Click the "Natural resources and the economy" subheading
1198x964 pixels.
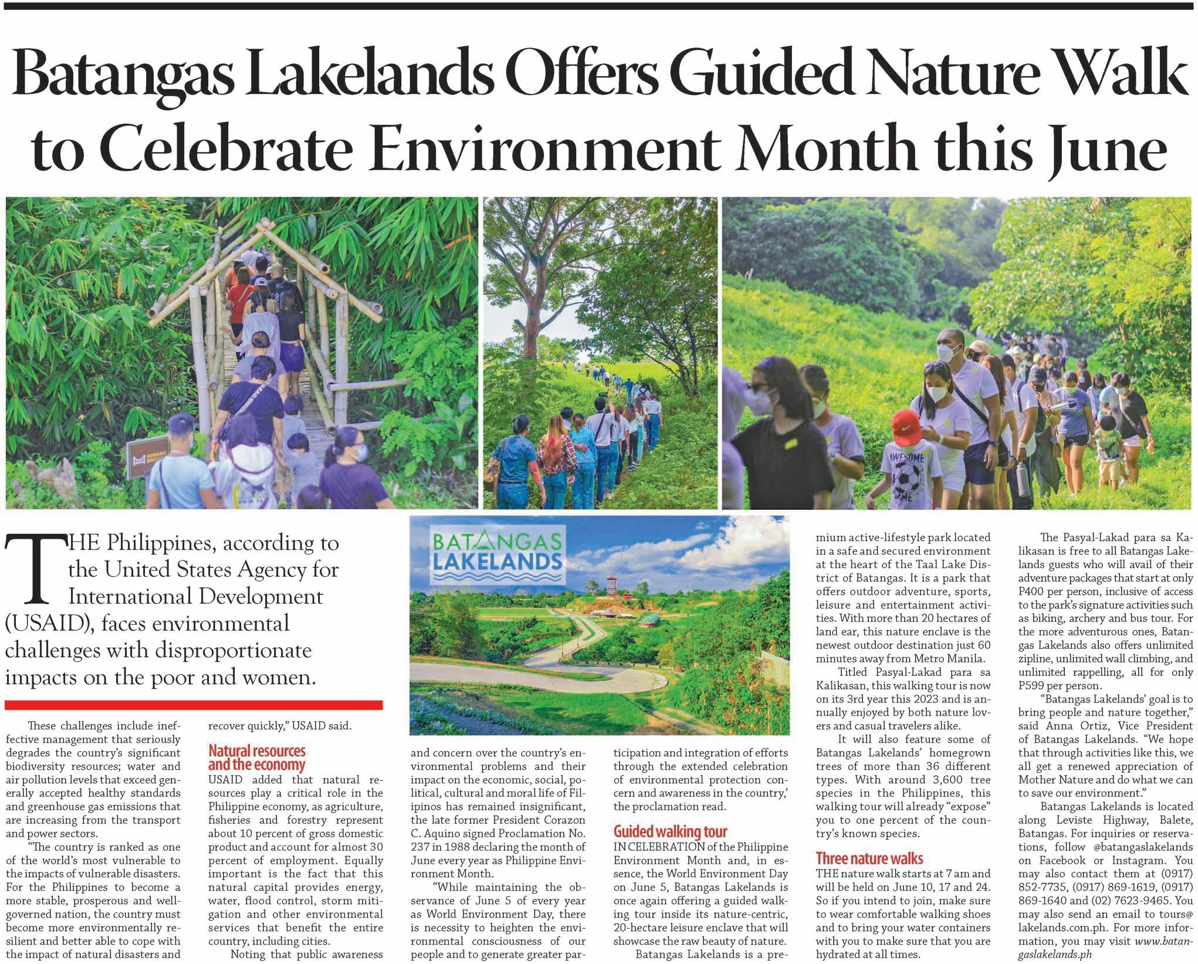pyautogui.click(x=257, y=758)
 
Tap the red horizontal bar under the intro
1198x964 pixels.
pyautogui.click(x=194, y=705)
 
